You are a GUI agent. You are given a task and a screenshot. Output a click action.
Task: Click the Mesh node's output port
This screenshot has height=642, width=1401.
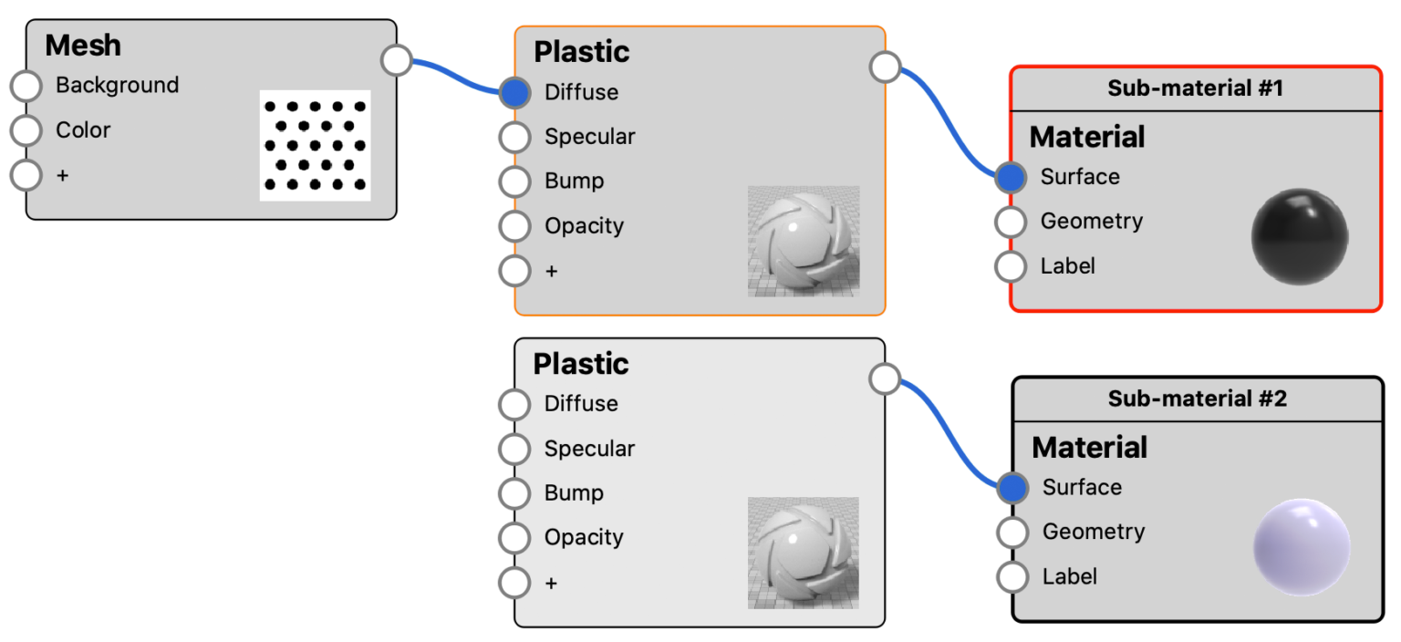(x=397, y=60)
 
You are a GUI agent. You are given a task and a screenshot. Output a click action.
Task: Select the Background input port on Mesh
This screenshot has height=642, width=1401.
(x=26, y=87)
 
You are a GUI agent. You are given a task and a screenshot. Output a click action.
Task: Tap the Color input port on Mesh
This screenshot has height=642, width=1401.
(x=26, y=130)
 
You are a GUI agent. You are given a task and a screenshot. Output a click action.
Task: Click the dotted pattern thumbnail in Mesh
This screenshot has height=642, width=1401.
(x=315, y=145)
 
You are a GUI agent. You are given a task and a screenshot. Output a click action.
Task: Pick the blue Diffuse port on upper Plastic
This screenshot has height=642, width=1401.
(x=514, y=92)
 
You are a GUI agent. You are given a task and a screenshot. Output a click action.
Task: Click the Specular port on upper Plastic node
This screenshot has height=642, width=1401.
(x=514, y=137)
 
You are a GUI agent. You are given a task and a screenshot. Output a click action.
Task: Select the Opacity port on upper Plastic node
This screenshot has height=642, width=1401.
(x=514, y=225)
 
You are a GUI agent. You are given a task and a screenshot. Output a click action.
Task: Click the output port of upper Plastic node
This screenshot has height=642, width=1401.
(x=885, y=67)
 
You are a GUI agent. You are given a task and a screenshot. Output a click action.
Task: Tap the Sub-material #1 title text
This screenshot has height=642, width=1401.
(x=1195, y=88)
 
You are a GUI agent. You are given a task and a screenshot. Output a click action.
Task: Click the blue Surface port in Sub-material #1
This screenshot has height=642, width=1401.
(x=1011, y=177)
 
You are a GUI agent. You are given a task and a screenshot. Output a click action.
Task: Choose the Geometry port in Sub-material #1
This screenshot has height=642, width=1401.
(x=1011, y=221)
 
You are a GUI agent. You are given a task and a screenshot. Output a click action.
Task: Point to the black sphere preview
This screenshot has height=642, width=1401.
(x=1299, y=235)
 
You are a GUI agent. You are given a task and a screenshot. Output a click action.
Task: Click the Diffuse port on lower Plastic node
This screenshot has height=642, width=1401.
(x=514, y=404)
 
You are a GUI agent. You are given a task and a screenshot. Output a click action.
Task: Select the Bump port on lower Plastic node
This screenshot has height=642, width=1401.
(x=514, y=493)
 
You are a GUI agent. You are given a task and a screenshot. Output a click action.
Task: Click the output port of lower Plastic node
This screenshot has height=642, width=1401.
(x=885, y=378)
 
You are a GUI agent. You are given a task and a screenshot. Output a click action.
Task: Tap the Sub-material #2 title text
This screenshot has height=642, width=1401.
(x=1197, y=399)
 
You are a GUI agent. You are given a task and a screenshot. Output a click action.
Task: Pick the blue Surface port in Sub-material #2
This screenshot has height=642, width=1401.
(x=1012, y=488)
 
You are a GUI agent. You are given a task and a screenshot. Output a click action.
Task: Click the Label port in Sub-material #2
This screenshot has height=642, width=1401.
(x=1012, y=576)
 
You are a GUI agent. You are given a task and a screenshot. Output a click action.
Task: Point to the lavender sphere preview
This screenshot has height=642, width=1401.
(x=1301, y=546)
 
